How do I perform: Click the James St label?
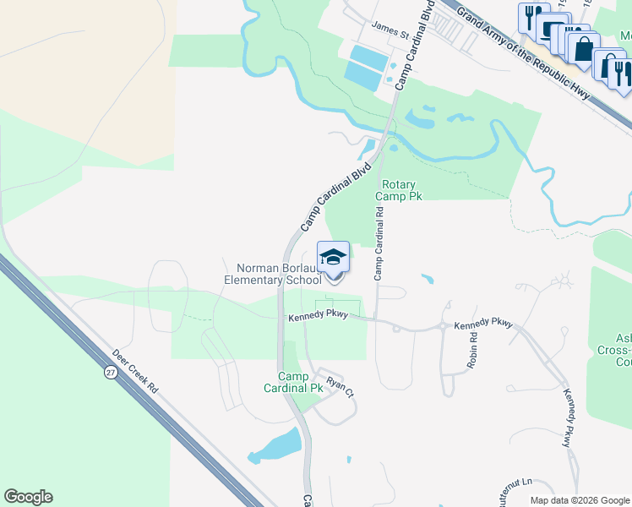coord(391,35)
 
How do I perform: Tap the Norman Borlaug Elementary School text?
coord(272,273)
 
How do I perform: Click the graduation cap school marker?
coord(334,256)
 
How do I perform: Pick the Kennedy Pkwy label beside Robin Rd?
coord(483,324)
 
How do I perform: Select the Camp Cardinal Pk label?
coord(301,382)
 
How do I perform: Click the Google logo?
coord(28,497)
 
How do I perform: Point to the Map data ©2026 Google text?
coord(579,499)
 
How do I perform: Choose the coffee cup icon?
coord(554,30)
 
